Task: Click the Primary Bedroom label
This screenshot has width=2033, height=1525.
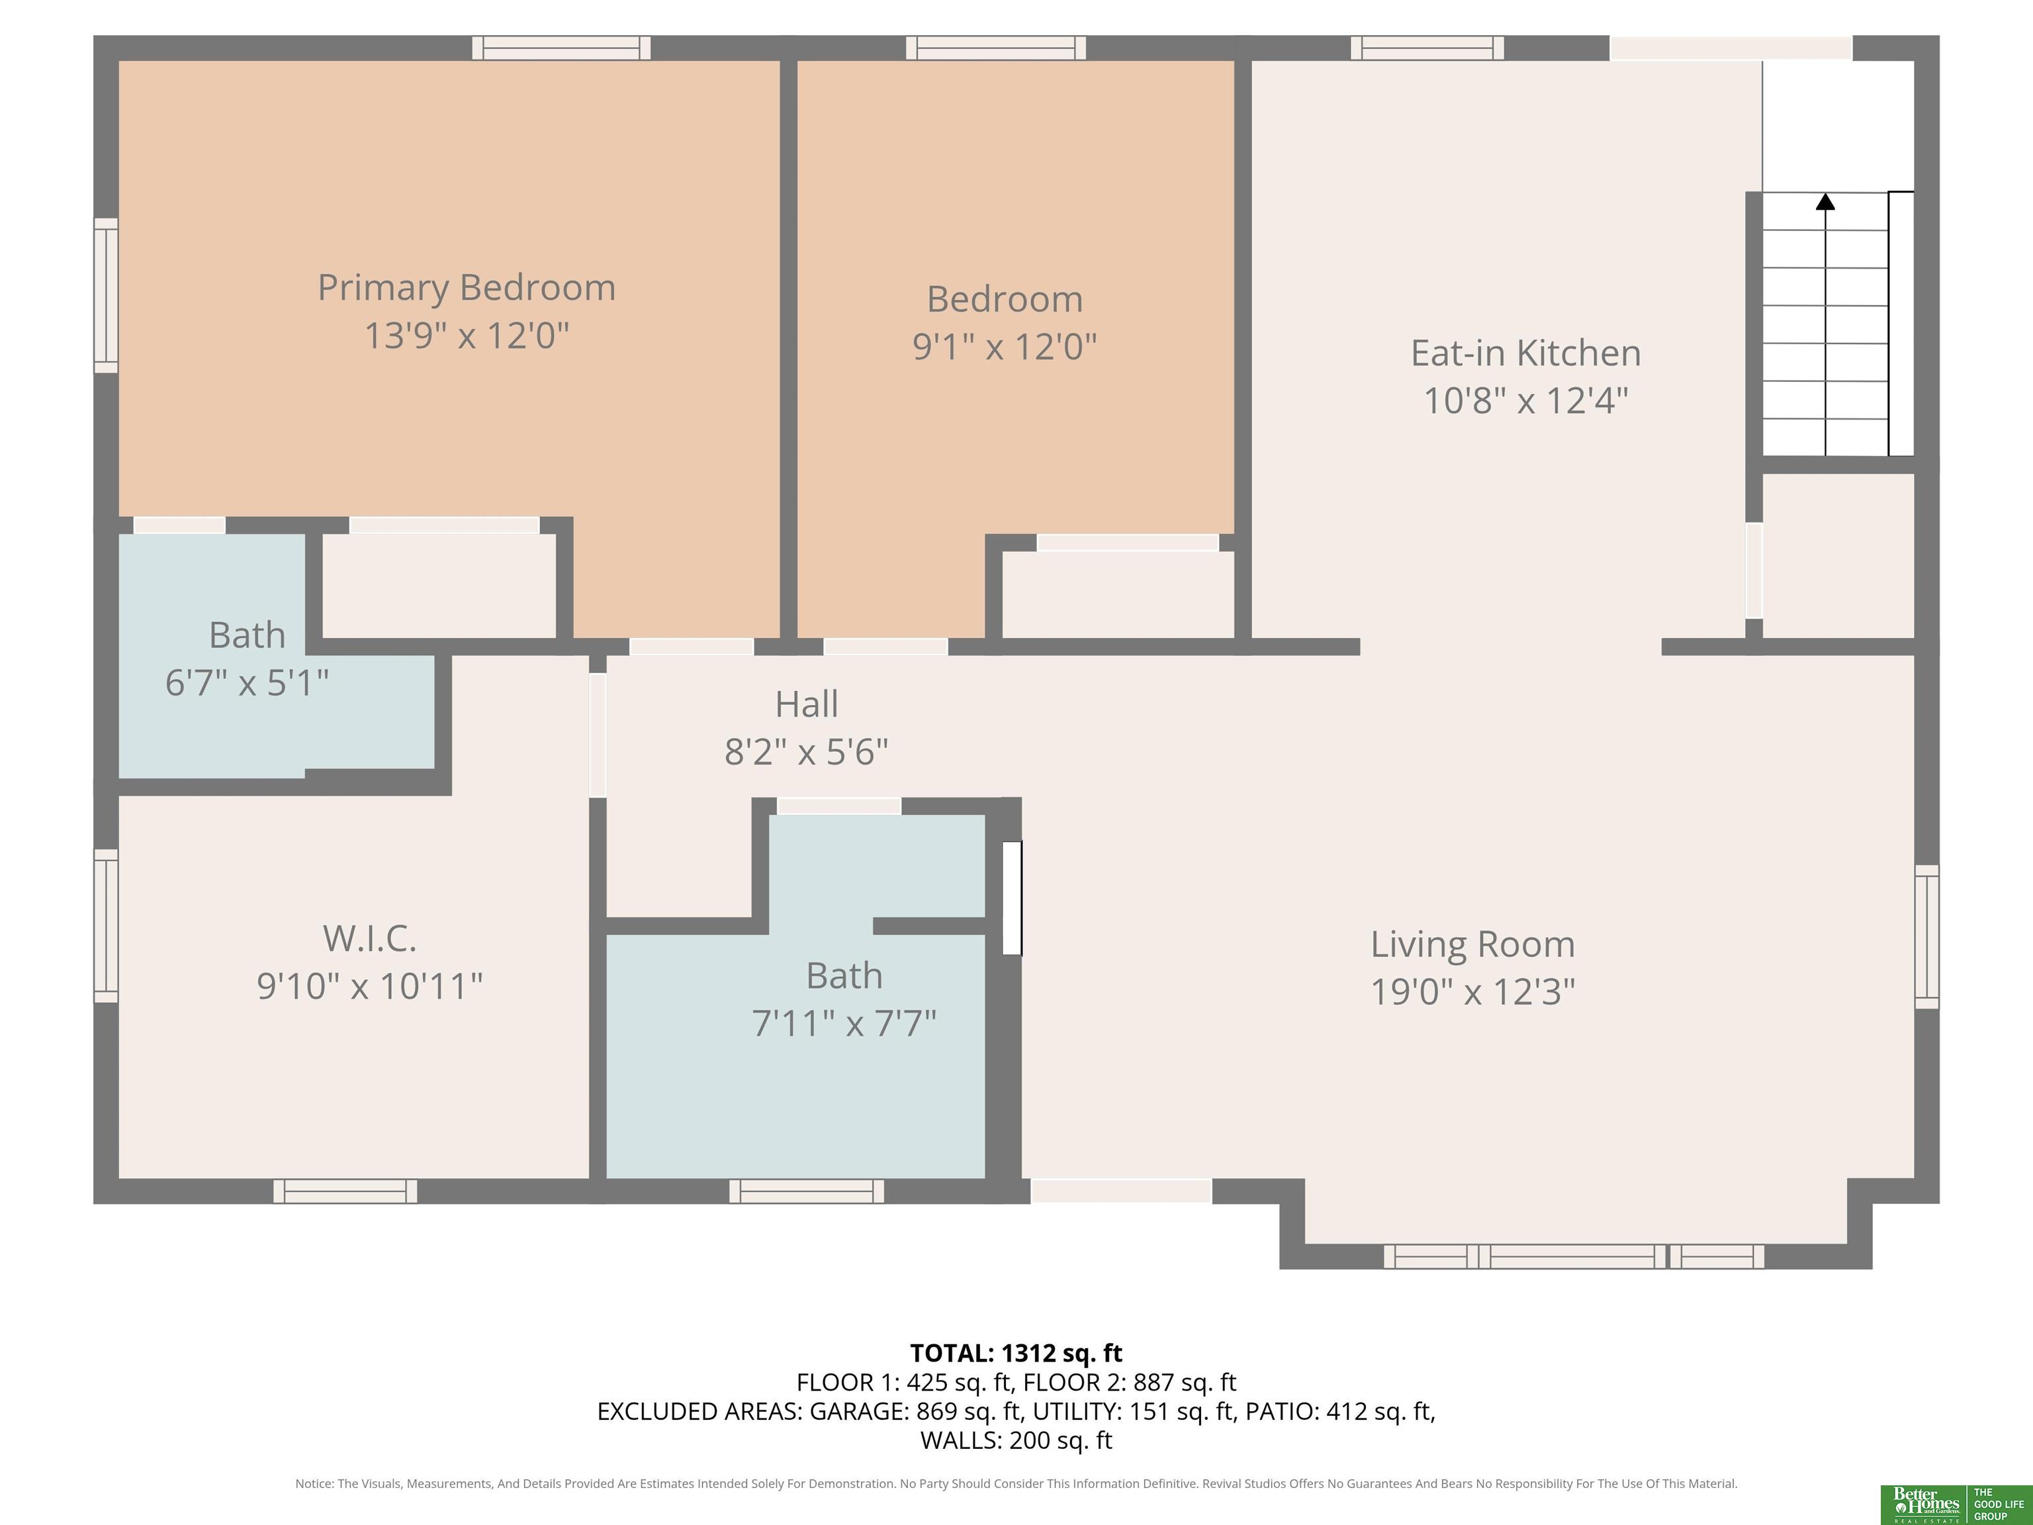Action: click(467, 288)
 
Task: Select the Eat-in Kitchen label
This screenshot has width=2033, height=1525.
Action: click(1525, 353)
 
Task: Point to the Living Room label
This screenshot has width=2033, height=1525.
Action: click(1472, 944)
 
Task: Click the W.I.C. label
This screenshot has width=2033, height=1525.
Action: click(369, 939)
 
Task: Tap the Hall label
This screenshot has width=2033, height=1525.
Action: click(807, 704)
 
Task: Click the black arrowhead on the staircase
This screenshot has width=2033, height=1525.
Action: click(1825, 201)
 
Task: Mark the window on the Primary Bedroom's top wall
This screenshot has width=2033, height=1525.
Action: click(562, 48)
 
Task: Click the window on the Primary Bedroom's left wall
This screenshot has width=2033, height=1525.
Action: click(107, 295)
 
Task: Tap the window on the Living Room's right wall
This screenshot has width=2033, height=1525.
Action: click(1927, 936)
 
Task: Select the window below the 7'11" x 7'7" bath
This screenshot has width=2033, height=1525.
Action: click(807, 1191)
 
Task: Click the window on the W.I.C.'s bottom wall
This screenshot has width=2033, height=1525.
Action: click(345, 1191)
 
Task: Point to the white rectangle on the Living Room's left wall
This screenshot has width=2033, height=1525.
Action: click(1012, 898)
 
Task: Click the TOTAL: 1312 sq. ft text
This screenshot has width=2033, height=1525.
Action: click(1016, 1353)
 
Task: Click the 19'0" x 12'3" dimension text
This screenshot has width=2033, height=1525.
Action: click(1472, 992)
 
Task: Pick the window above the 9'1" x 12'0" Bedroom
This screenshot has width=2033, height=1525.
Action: click(996, 48)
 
